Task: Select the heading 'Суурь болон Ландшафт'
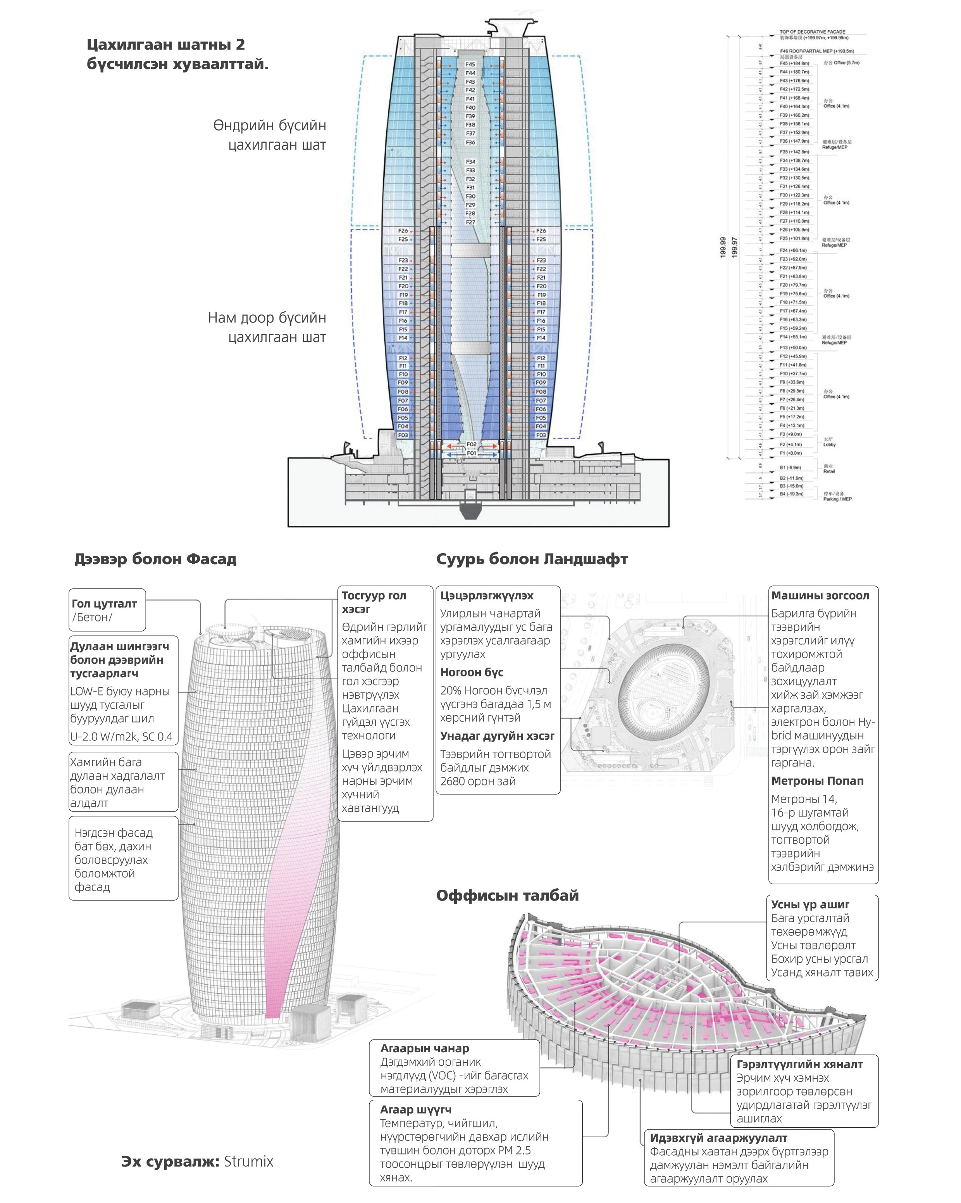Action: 532,559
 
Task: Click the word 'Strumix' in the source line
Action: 248,1161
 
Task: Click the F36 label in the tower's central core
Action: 470,142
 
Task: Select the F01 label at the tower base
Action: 471,453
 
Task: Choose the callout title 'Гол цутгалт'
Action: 104,603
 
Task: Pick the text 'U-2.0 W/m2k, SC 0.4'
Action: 121,737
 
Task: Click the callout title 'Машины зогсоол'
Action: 820,595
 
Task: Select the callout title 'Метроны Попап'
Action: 817,780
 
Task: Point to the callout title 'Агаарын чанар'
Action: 424,1048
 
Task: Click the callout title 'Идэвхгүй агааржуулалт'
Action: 718,1138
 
